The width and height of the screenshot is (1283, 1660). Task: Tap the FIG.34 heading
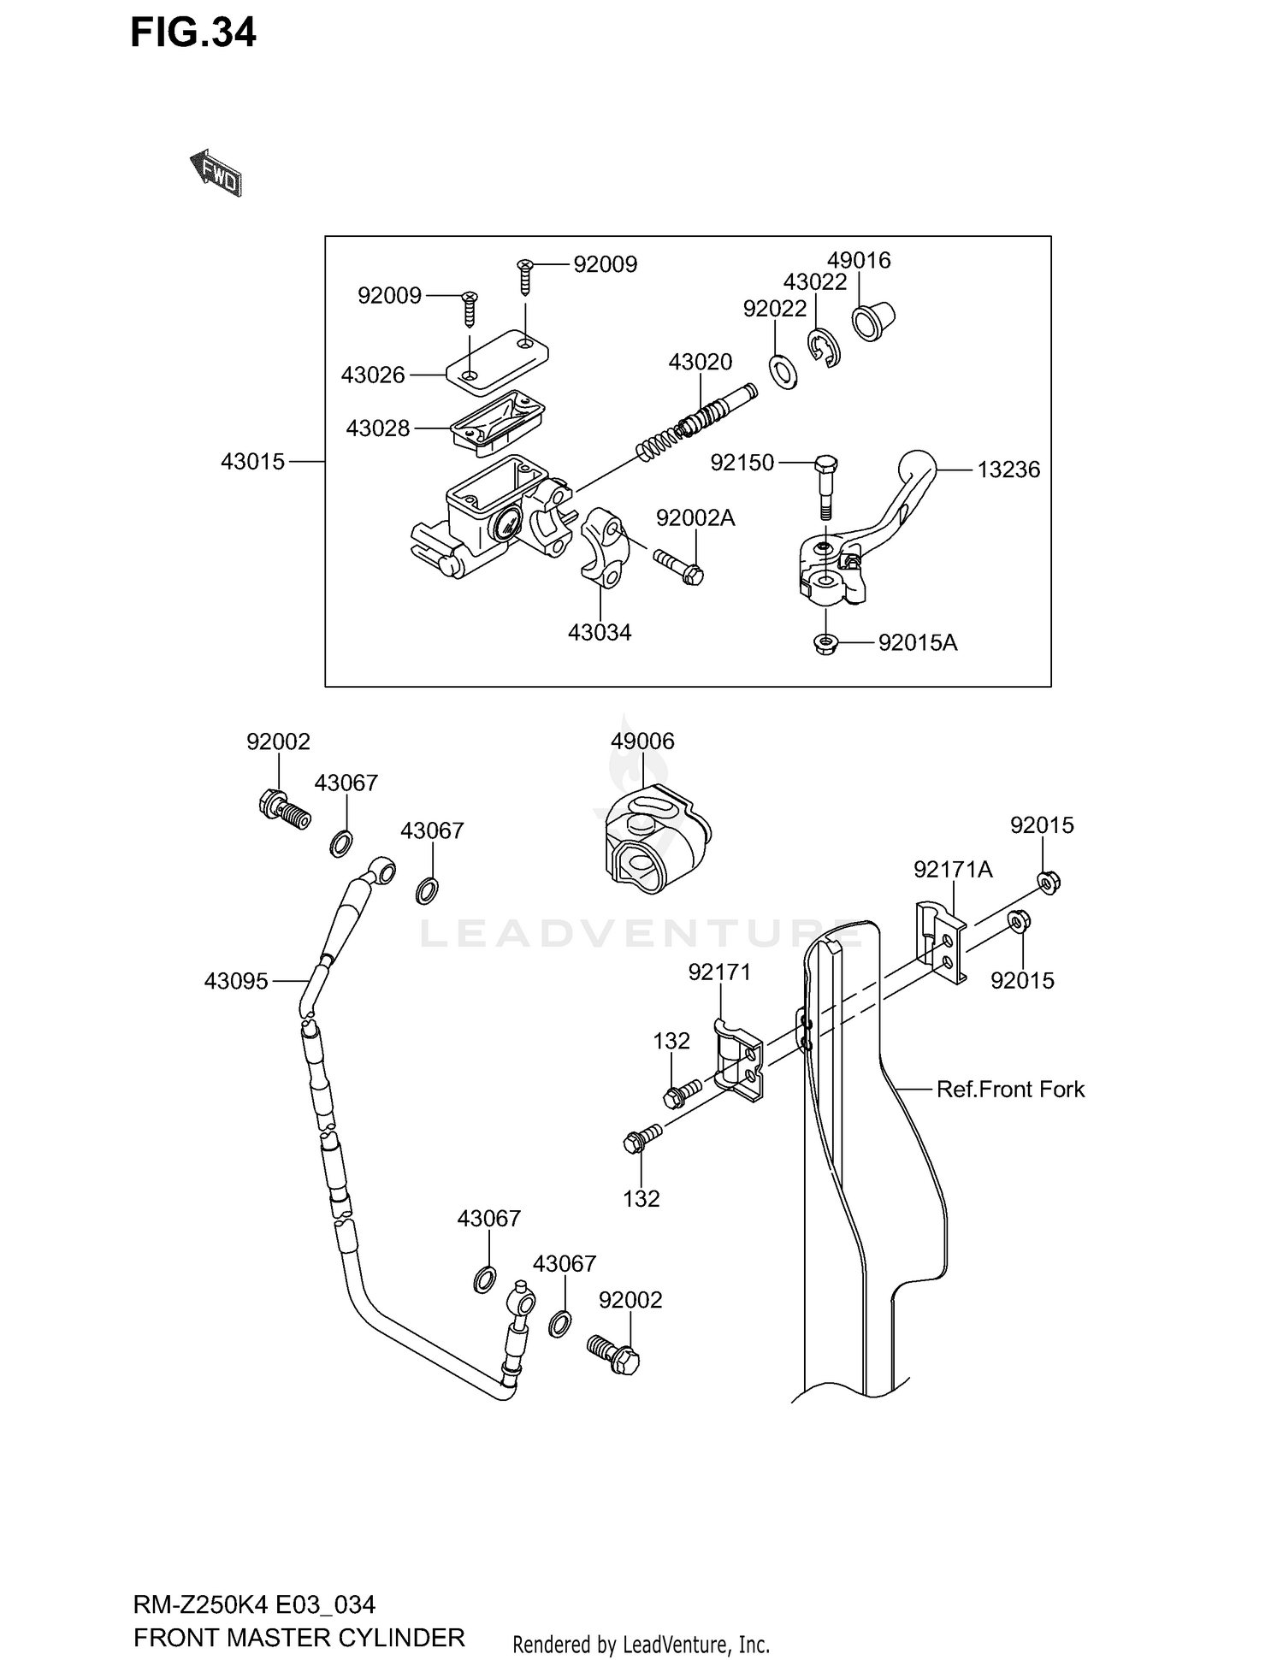coord(193,33)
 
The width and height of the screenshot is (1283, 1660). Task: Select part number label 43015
coord(252,462)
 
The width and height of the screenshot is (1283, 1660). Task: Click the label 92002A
coord(695,518)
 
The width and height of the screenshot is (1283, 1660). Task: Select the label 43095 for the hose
coord(236,981)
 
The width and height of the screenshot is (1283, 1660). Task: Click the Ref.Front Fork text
coord(1010,1089)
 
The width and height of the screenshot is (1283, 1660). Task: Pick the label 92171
coord(719,972)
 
